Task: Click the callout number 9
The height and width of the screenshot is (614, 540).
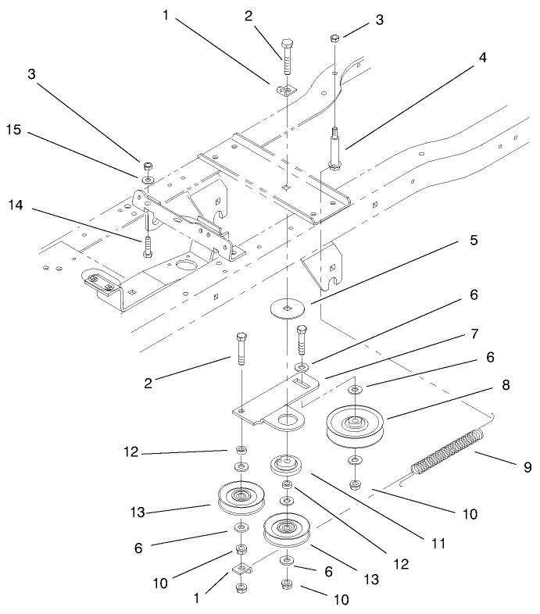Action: (x=527, y=467)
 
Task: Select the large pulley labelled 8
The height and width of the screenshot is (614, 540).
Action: (x=356, y=426)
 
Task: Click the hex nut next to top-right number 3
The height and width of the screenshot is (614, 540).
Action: (x=334, y=37)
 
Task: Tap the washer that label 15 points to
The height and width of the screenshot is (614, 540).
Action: (x=145, y=178)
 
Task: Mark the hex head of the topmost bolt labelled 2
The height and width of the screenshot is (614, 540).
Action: (x=287, y=41)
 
